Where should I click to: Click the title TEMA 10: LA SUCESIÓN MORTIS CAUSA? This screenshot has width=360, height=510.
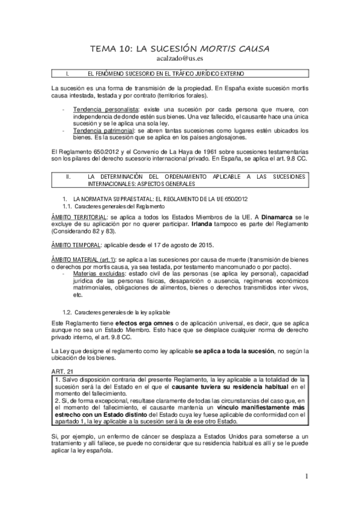click(x=180, y=48)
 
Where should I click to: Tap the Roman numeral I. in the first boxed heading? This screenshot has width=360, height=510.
click(x=67, y=74)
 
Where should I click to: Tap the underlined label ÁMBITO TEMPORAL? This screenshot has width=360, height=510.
click(x=75, y=245)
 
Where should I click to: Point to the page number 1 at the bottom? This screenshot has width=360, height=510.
click(x=307, y=478)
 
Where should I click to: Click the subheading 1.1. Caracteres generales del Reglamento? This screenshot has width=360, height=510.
click(x=105, y=206)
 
